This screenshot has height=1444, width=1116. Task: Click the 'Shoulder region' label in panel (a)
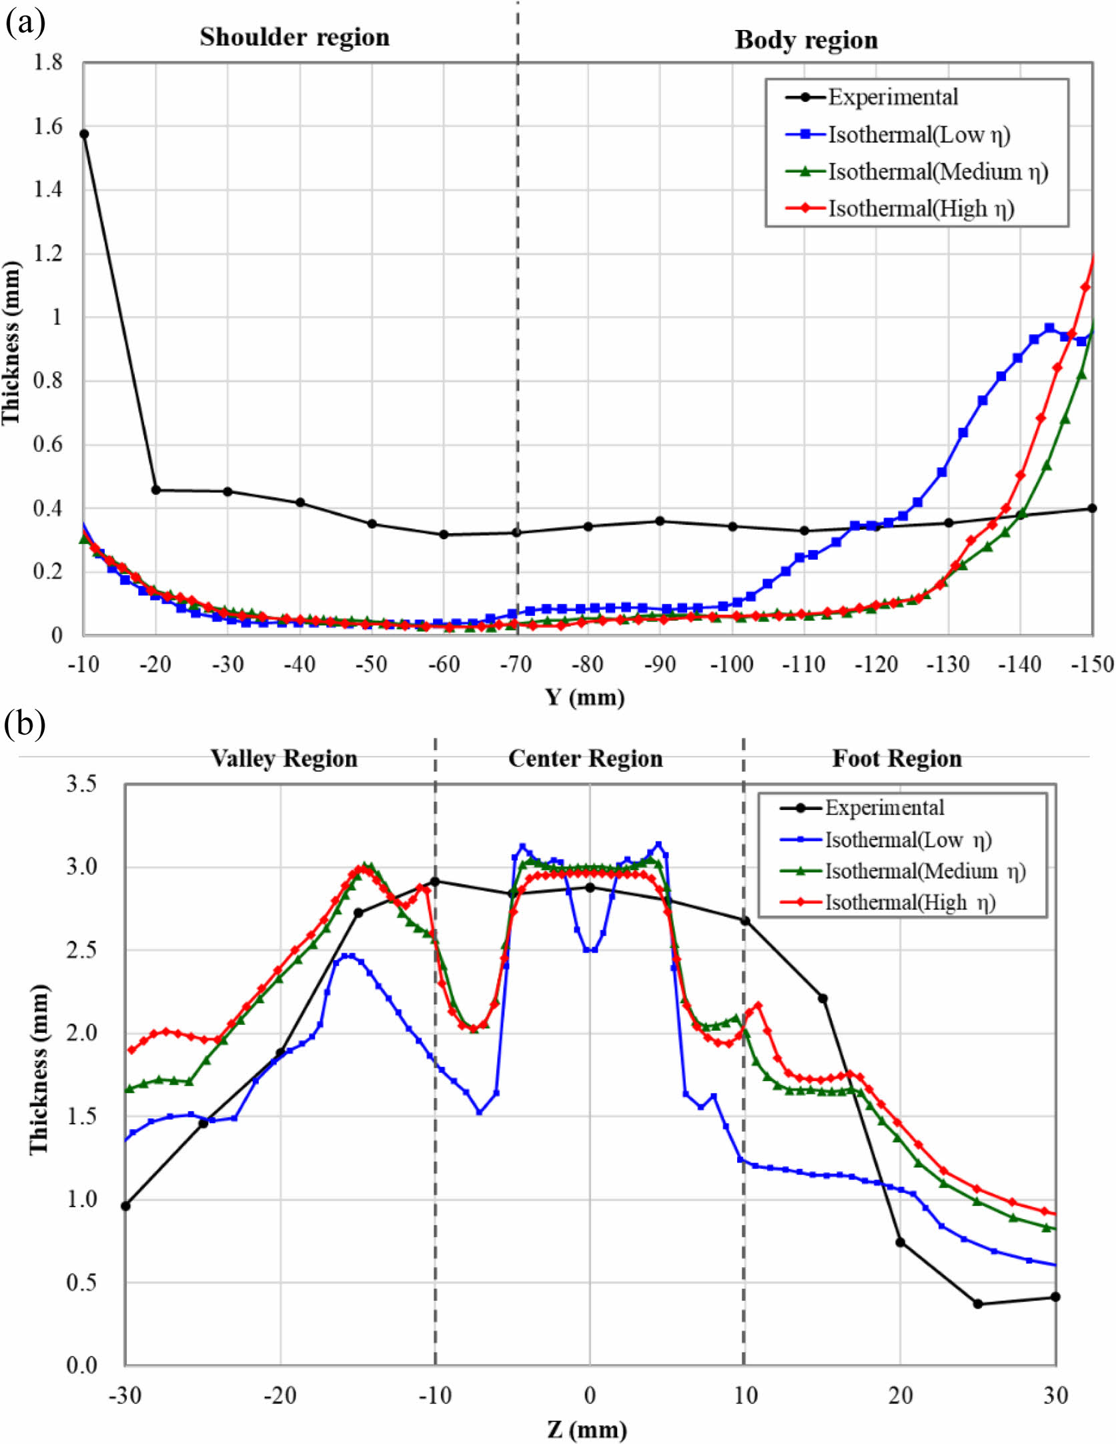(x=294, y=37)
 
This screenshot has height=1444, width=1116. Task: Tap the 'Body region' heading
(x=806, y=40)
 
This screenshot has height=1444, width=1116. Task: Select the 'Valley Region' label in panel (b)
(x=284, y=759)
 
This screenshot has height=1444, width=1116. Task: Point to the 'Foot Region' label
(x=897, y=759)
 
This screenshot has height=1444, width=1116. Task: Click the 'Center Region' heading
(x=585, y=759)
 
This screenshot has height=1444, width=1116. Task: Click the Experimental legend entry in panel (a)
(x=893, y=97)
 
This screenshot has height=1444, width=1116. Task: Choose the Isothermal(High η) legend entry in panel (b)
(x=910, y=903)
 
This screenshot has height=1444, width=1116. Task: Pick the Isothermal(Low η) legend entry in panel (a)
(x=919, y=135)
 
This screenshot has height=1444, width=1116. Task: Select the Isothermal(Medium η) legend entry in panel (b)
(x=925, y=871)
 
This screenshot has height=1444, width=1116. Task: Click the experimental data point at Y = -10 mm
(x=84, y=134)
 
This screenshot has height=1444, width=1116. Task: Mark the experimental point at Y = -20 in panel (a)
(x=156, y=490)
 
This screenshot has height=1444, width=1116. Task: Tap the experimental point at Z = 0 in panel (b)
(x=590, y=887)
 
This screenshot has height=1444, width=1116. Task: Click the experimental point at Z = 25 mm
(x=978, y=1304)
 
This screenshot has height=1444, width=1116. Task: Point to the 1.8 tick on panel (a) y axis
(x=47, y=63)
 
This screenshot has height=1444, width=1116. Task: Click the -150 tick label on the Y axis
(x=1091, y=665)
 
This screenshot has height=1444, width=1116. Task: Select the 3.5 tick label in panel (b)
(x=81, y=784)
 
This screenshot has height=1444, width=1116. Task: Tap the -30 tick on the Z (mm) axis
(x=125, y=1395)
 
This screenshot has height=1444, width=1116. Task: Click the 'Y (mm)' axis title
(x=585, y=698)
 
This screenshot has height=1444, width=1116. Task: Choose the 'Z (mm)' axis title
(x=586, y=1429)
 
